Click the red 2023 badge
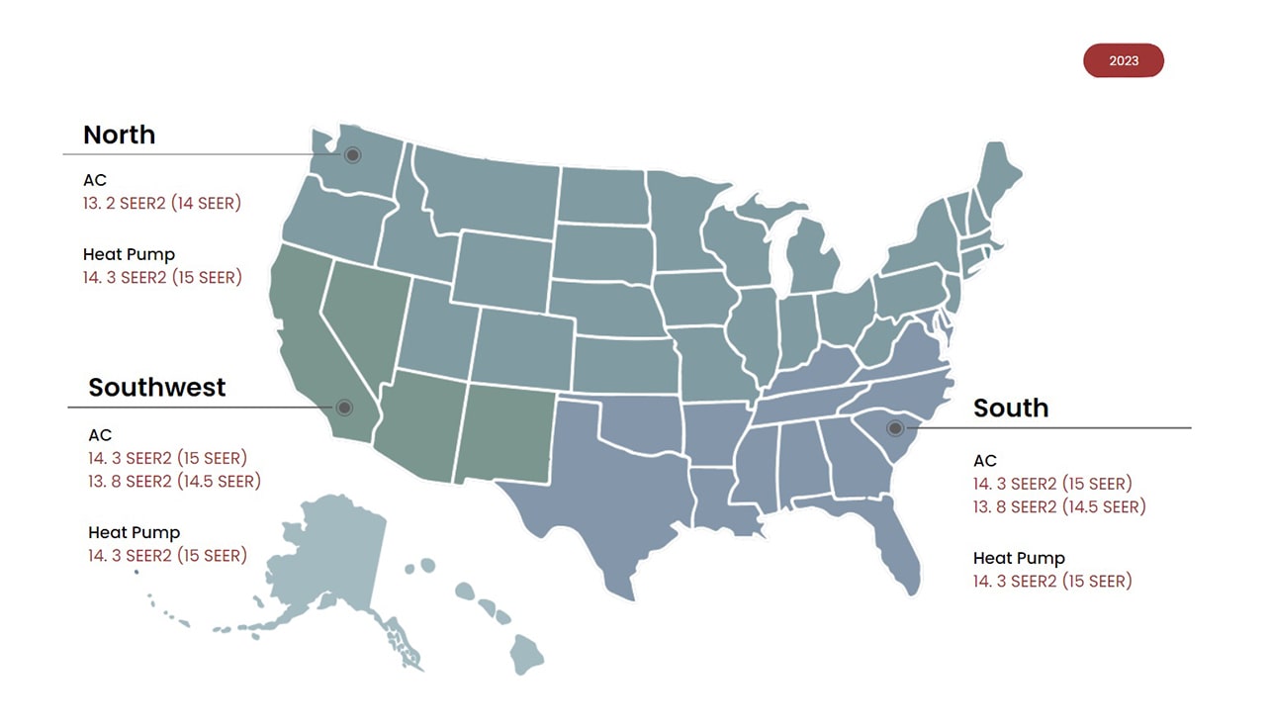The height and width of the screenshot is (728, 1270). click(x=1124, y=60)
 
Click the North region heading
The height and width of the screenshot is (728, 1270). click(x=119, y=135)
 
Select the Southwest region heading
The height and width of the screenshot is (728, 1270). click(x=157, y=387)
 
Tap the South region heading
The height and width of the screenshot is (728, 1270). click(x=1010, y=408)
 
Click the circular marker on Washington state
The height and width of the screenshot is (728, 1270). click(x=352, y=155)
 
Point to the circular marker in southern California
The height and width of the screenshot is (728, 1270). click(x=344, y=408)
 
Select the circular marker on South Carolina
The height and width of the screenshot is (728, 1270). click(x=895, y=428)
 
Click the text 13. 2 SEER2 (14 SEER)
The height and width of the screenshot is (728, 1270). click(x=162, y=204)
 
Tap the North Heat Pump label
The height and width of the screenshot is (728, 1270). click(x=129, y=254)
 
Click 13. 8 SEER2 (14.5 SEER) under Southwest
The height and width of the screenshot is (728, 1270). click(x=174, y=482)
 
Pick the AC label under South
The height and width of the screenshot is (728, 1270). click(x=984, y=461)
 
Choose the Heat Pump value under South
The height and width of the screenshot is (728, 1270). click(x=1052, y=582)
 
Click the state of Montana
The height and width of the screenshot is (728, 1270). click(x=485, y=188)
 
